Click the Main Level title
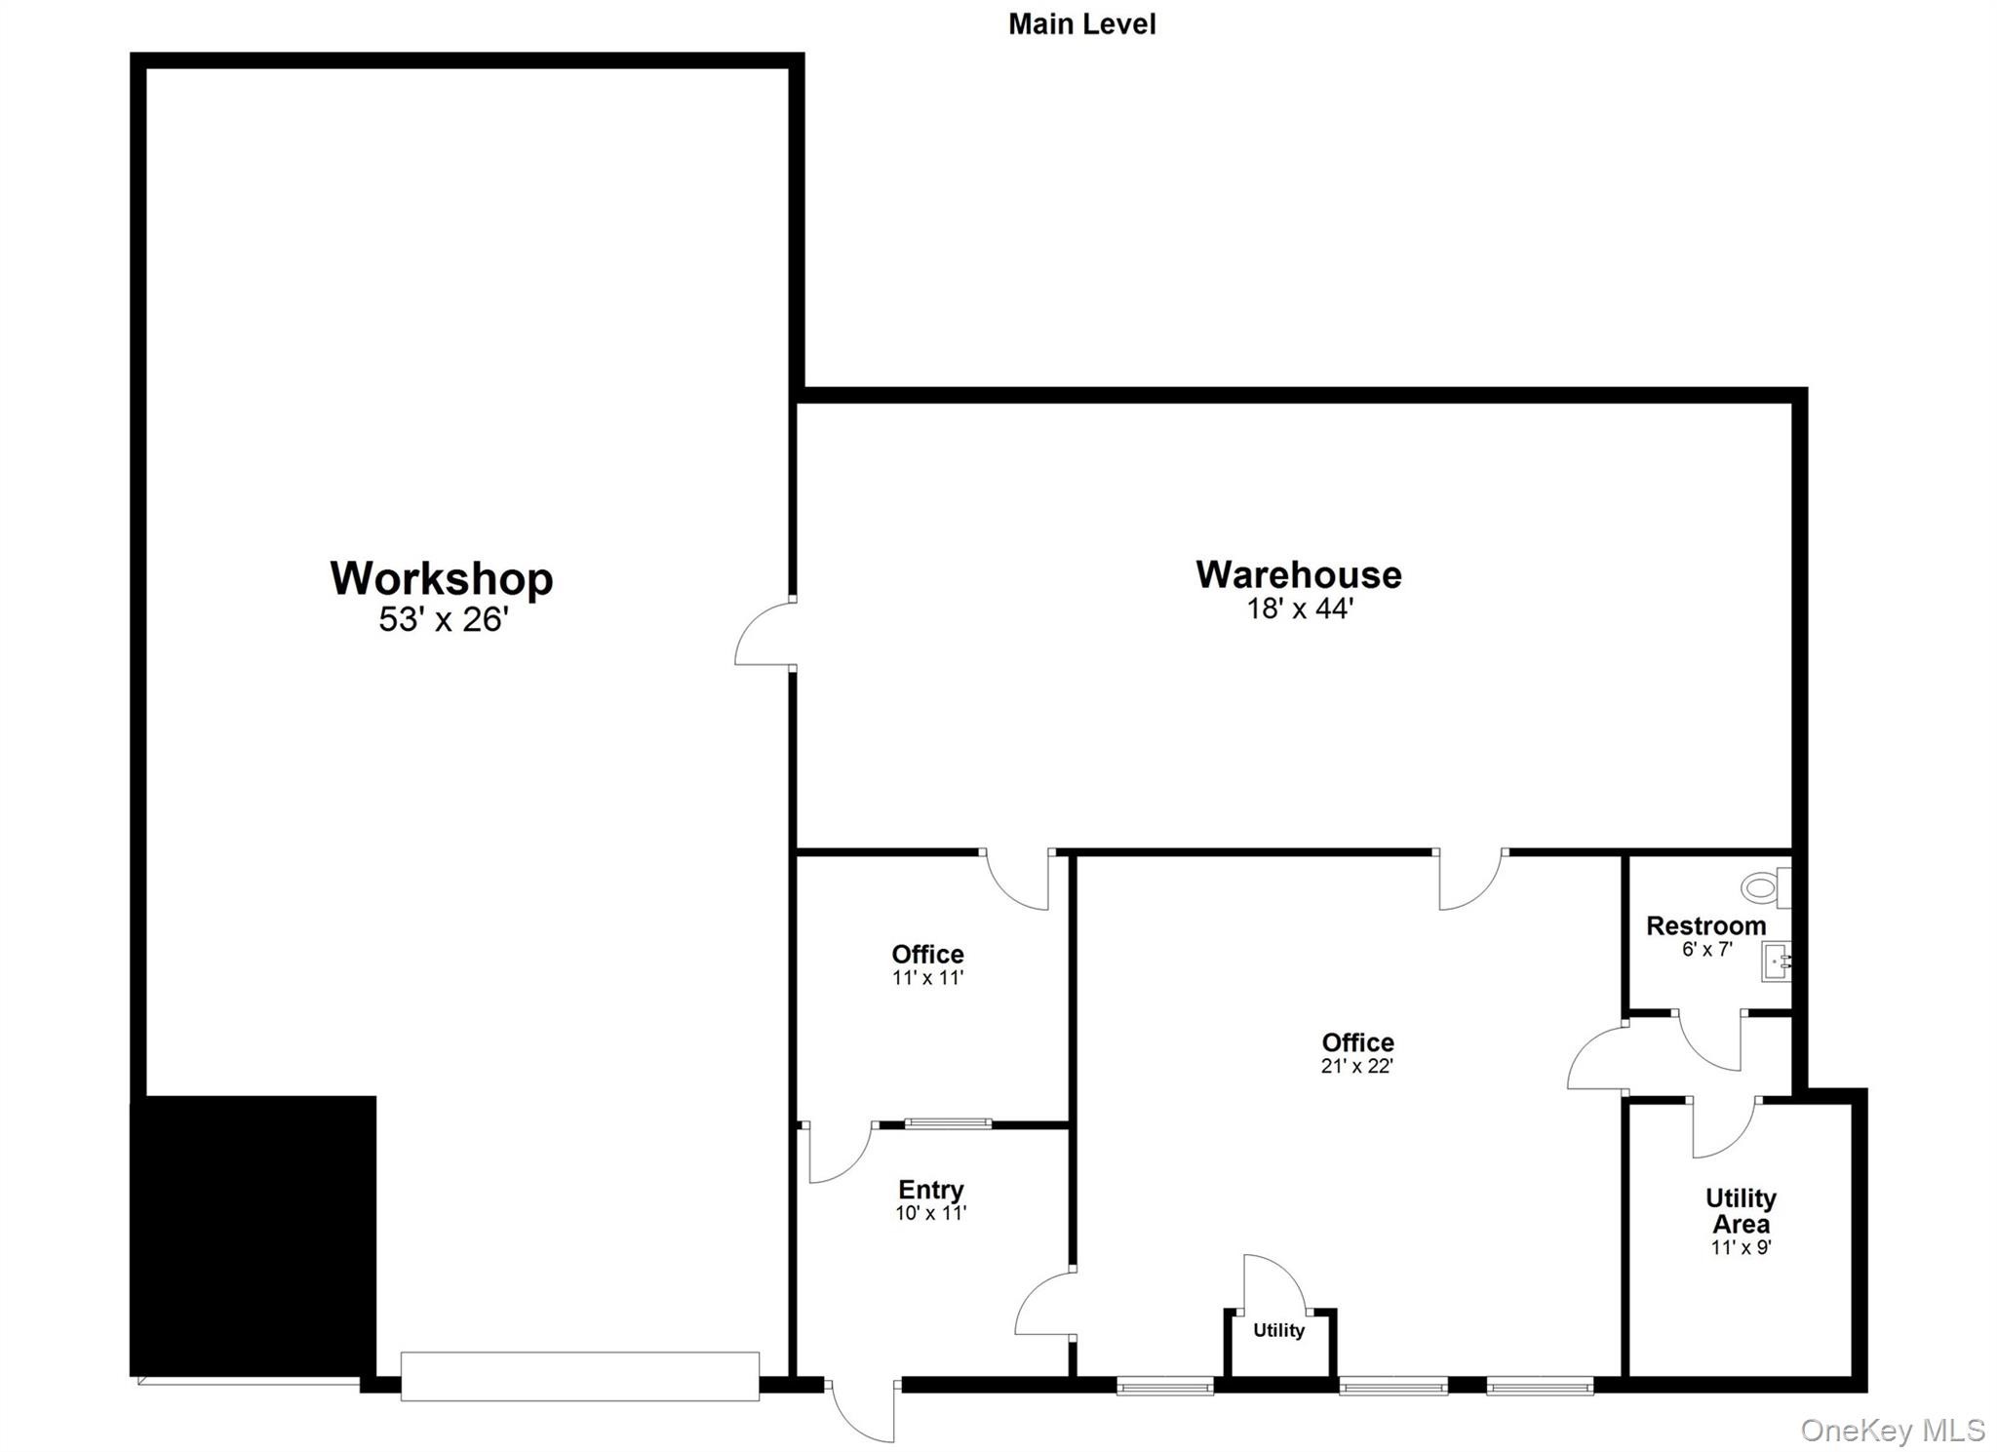click(1081, 24)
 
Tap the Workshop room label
click(442, 578)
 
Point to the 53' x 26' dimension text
click(444, 620)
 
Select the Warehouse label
click(1299, 574)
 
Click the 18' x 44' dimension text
click(1300, 609)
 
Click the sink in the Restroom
click(1776, 961)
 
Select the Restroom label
click(1705, 925)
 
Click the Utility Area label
click(1741, 1210)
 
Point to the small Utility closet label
click(1278, 1330)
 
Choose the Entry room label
click(930, 1190)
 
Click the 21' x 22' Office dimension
click(1356, 1067)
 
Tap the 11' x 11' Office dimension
click(927, 978)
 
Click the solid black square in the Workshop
click(254, 1236)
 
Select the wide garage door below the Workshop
click(579, 1376)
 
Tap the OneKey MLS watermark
click(1892, 1431)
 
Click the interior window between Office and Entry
click(948, 1124)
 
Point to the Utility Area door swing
click(1724, 1128)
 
